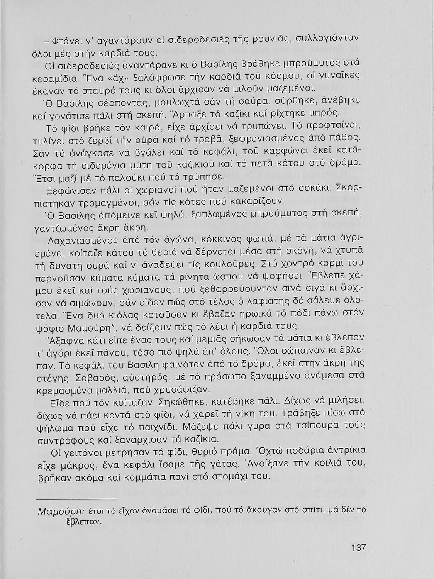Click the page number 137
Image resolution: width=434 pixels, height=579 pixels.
coord(358,548)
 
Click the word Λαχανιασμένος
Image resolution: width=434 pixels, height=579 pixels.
coord(77,240)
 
